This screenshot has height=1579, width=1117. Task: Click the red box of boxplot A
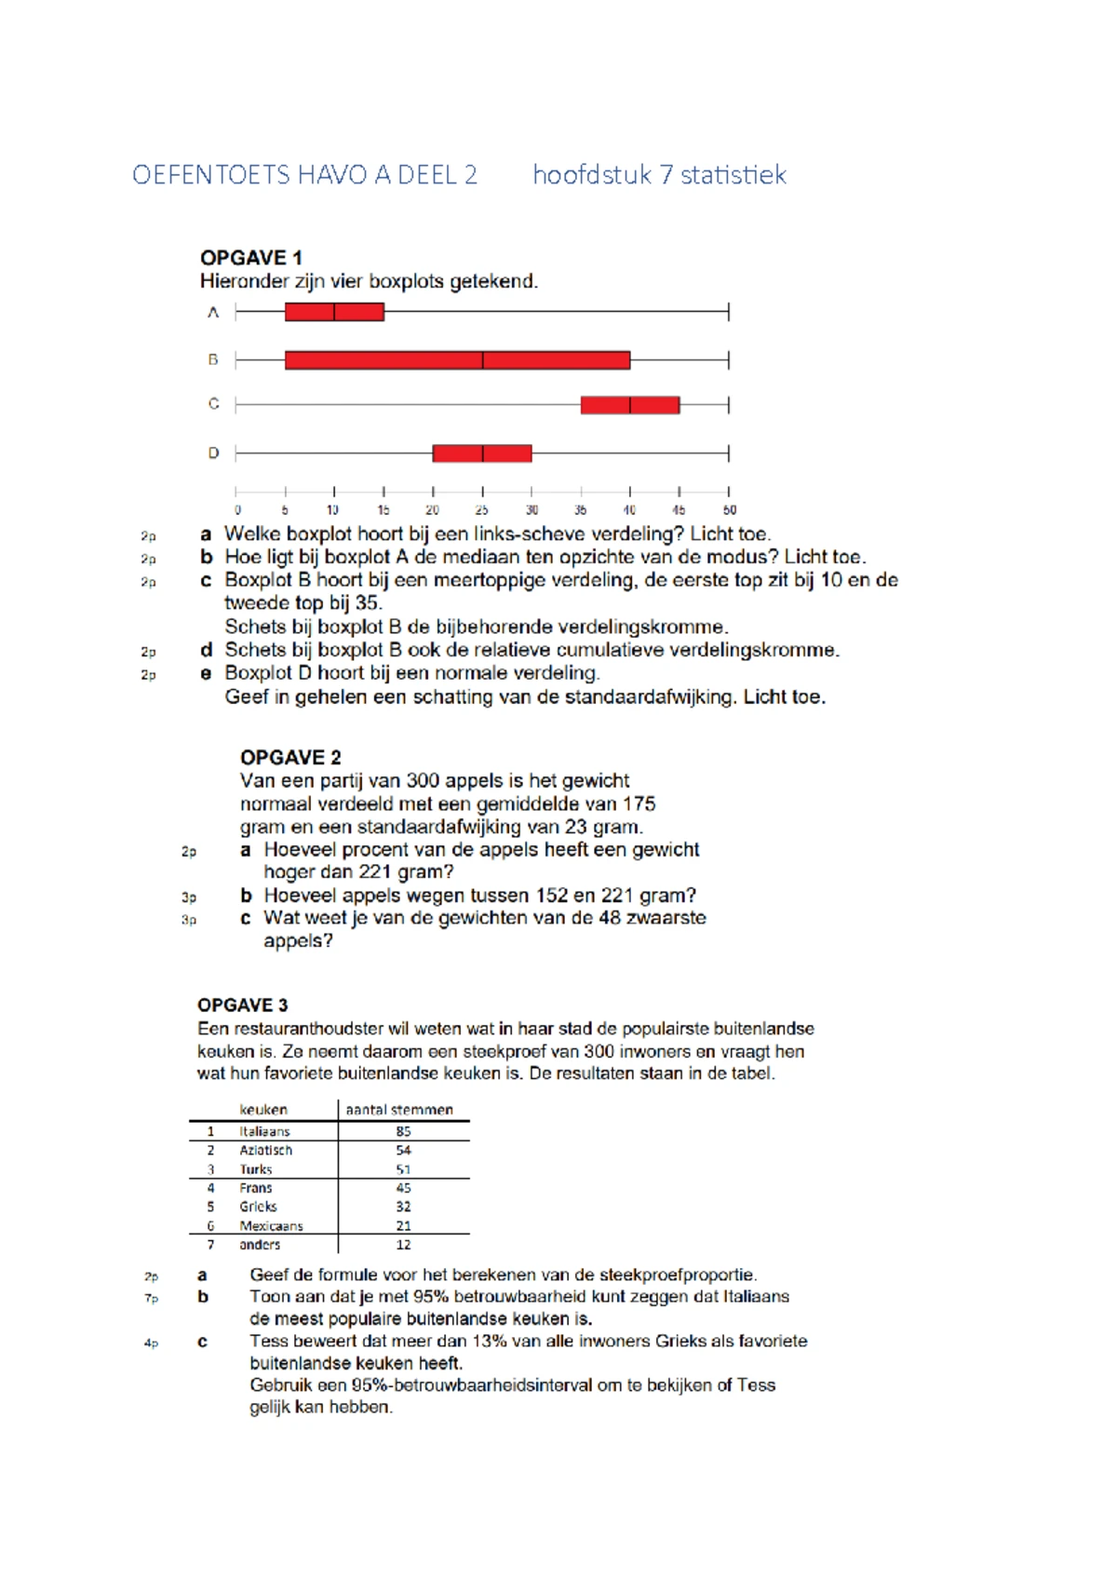[334, 312]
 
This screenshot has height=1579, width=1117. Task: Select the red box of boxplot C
[630, 405]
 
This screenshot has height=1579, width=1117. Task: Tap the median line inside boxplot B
[482, 359]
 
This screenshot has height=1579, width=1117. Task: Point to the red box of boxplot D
[482, 453]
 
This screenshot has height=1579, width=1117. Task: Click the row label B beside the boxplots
[213, 359]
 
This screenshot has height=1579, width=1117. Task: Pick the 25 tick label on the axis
[481, 510]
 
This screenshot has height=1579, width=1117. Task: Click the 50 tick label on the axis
[730, 510]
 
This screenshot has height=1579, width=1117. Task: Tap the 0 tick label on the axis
[237, 510]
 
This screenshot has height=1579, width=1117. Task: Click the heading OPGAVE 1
[251, 258]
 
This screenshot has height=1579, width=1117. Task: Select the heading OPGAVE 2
[290, 757]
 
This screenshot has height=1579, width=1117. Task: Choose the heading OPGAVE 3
[242, 1005]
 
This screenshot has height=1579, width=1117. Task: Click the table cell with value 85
[403, 1131]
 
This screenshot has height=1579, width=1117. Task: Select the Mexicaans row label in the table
[271, 1226]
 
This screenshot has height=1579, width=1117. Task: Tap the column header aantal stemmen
[399, 1110]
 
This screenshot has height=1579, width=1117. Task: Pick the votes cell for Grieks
[403, 1207]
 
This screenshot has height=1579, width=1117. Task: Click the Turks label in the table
[256, 1169]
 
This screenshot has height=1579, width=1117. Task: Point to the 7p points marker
[151, 1298]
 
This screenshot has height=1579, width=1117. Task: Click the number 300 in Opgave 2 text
[423, 780]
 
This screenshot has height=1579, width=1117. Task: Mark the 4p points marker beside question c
[151, 1343]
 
